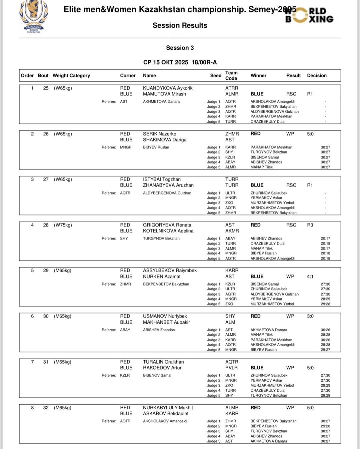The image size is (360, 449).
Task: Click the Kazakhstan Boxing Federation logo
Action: pyautogui.click(x=34, y=16)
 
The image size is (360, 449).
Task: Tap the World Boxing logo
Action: pyautogui.click(x=309, y=15)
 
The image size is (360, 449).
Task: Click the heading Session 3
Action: pyautogui.click(x=180, y=48)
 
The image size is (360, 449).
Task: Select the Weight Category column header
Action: pyautogui.click(x=71, y=76)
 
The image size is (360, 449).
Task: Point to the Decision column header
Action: pyautogui.click(x=317, y=76)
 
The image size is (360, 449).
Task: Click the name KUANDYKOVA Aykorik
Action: pyautogui.click(x=168, y=88)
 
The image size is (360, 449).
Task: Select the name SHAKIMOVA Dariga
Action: pyautogui.click(x=165, y=140)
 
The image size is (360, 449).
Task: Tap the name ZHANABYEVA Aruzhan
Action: pyautogui.click(x=168, y=185)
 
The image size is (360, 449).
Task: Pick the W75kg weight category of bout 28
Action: pyautogui.click(x=63, y=225)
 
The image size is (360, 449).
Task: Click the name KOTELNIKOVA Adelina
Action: pyautogui.click(x=168, y=231)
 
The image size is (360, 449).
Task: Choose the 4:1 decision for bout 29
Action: pyautogui.click(x=310, y=277)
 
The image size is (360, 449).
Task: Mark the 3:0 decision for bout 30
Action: pyautogui.click(x=310, y=316)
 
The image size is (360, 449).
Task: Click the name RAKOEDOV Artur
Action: pyautogui.click(x=162, y=368)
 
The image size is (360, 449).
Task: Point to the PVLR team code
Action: pyautogui.click(x=231, y=368)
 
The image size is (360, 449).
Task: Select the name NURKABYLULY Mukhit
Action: pyautogui.click(x=168, y=408)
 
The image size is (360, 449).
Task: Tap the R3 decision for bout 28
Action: pyautogui.click(x=310, y=225)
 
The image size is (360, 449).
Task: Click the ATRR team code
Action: pyautogui.click(x=232, y=88)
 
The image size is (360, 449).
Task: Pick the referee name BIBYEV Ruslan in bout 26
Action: pyautogui.click(x=156, y=147)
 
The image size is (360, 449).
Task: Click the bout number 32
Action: pyautogui.click(x=46, y=408)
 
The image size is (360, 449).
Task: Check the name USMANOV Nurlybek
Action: pyautogui.click(x=165, y=316)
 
